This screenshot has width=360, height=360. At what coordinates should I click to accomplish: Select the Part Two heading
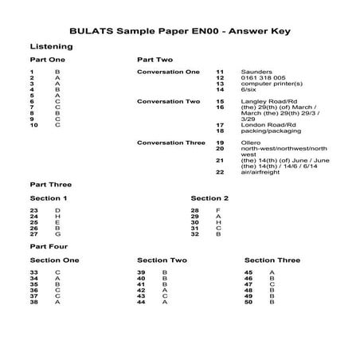(x=155, y=60)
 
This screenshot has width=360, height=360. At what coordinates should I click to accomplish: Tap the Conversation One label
(x=169, y=72)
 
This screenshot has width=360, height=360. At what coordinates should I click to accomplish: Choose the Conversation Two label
(x=169, y=101)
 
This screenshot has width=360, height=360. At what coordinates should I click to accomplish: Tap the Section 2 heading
(x=210, y=198)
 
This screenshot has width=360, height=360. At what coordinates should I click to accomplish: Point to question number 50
(x=248, y=302)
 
